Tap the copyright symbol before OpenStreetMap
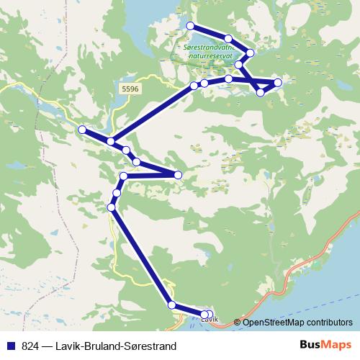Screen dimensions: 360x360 pos(238,322)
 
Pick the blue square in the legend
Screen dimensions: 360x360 pos(11,346)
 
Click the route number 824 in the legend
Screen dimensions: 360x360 pos(30,346)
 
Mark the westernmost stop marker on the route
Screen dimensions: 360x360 pos(81,130)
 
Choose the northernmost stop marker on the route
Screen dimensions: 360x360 pos(190,26)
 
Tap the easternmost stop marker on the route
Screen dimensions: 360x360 pos(278,82)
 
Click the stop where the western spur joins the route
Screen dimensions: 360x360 pos(110,141)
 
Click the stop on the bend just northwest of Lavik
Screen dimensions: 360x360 pos(171,305)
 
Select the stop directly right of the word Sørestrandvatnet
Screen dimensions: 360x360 pos(251,53)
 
